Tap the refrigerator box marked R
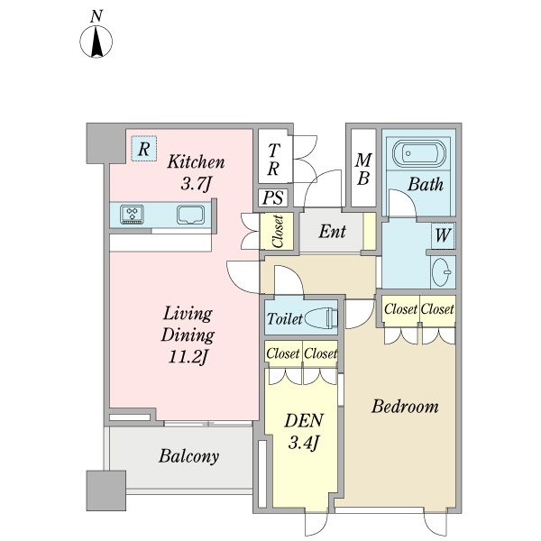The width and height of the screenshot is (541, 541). click(144, 149)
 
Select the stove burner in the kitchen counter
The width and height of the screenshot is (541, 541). click(132, 215)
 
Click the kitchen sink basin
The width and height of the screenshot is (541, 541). click(190, 215)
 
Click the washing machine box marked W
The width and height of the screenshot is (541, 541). click(443, 236)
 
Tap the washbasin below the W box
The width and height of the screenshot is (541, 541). click(442, 272)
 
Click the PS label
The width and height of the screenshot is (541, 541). click(273, 198)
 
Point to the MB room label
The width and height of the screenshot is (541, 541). click(363, 170)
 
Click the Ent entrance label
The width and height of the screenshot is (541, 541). click(332, 232)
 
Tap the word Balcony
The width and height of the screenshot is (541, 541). click(188, 456)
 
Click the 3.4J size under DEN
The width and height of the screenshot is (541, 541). click(303, 443)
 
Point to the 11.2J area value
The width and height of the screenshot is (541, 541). click(188, 357)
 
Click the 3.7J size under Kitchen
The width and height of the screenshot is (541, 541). click(196, 184)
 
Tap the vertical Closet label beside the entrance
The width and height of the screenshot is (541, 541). click(278, 231)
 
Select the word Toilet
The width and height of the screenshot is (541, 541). click(285, 319)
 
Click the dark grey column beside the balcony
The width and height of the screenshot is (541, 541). click(105, 491)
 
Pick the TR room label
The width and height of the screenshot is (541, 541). click(273, 160)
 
